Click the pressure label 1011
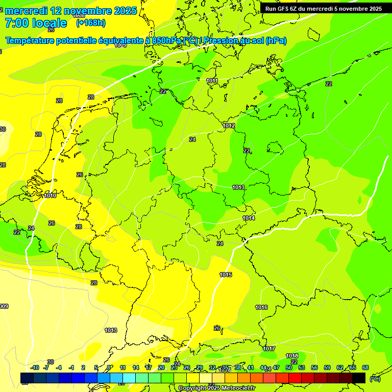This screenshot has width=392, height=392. [x=212, y=81]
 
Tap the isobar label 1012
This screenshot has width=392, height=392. [x=229, y=126]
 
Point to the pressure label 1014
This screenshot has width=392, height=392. [x=249, y=218]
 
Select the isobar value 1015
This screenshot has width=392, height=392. [x=226, y=275]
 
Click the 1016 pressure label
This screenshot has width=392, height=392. [x=261, y=307]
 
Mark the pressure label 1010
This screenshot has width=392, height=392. [x=50, y=195]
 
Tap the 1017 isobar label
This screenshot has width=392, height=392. [x=269, y=349]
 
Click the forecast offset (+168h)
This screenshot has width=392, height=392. [x=91, y=23]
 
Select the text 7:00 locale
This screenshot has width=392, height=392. [x=36, y=23]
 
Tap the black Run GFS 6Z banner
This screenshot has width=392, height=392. [x=324, y=9]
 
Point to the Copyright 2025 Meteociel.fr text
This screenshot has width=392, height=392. [x=216, y=388]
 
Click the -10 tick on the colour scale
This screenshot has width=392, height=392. [x=35, y=367]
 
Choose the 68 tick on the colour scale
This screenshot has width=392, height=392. [x=365, y=367]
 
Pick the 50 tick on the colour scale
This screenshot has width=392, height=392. [x=289, y=367]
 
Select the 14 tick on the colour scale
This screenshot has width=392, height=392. [x=136, y=367]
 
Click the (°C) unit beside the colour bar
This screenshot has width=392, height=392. [x=375, y=379]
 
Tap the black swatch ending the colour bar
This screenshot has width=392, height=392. [x=359, y=378]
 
